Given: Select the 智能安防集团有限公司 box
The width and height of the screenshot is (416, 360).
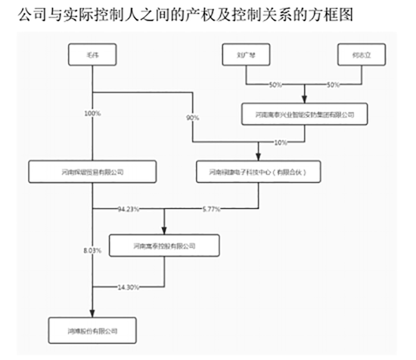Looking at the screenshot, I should [x=306, y=115].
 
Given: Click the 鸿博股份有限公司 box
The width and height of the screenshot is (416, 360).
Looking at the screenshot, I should [x=92, y=330].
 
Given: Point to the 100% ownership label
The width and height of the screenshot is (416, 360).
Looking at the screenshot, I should [x=92, y=114].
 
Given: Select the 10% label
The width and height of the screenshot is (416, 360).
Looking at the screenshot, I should [x=280, y=142].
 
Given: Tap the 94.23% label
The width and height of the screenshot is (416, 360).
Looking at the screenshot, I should [x=129, y=208].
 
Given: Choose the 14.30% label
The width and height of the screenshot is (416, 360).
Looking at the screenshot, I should [x=129, y=287].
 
